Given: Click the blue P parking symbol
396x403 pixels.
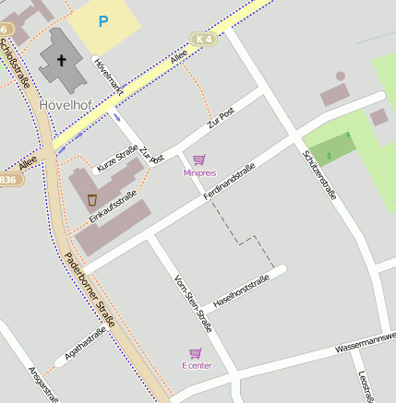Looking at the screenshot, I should point(102,20).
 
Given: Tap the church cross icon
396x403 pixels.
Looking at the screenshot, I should point(62,61).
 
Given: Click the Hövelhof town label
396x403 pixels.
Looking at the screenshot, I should point(64,104).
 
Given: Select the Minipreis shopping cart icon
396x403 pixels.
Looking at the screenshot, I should point(198,160).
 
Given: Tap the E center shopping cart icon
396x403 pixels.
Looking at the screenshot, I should point(195,353).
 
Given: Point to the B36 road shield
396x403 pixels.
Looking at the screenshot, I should point(8,179).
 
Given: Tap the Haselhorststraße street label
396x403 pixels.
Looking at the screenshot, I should point(240,291).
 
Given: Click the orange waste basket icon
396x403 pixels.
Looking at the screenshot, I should point(92,199).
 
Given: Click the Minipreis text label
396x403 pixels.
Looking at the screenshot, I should point(199,172).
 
